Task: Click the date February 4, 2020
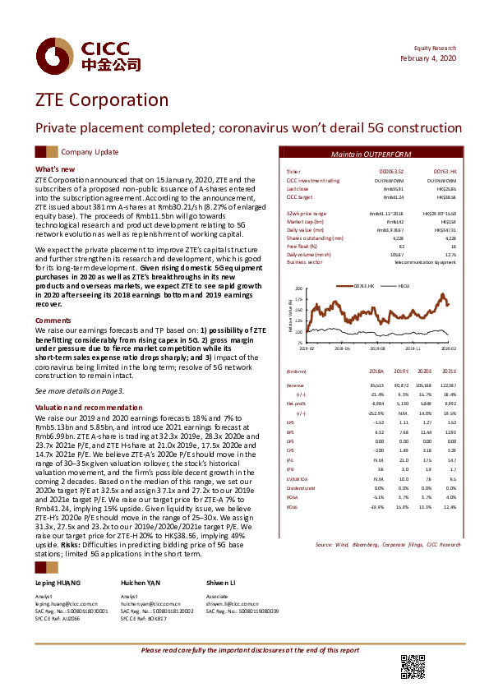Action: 429,59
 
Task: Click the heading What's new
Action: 55,169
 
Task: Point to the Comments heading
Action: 53,320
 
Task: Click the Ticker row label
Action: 293,170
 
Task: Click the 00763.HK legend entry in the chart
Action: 364,284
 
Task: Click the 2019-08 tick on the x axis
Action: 377,348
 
